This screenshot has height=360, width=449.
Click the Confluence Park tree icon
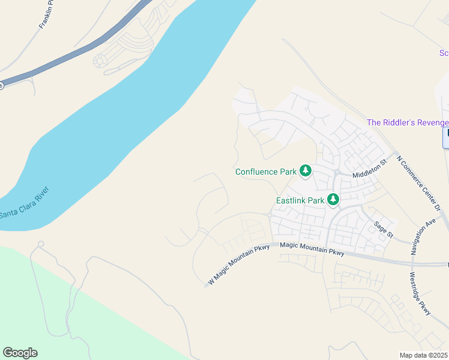(x=306, y=172)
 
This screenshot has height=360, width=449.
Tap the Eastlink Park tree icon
(x=333, y=200)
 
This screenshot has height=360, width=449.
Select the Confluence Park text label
(x=266, y=172)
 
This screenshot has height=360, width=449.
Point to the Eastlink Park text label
(x=300, y=200)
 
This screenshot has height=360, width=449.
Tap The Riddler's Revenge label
(x=408, y=123)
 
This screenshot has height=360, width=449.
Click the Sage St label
(x=383, y=229)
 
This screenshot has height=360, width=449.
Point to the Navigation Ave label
(x=423, y=237)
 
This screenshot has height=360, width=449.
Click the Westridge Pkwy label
(x=420, y=295)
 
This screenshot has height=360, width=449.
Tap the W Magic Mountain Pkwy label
(x=239, y=265)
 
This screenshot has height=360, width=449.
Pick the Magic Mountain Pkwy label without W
(x=312, y=249)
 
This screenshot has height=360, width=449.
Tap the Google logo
(x=20, y=353)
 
